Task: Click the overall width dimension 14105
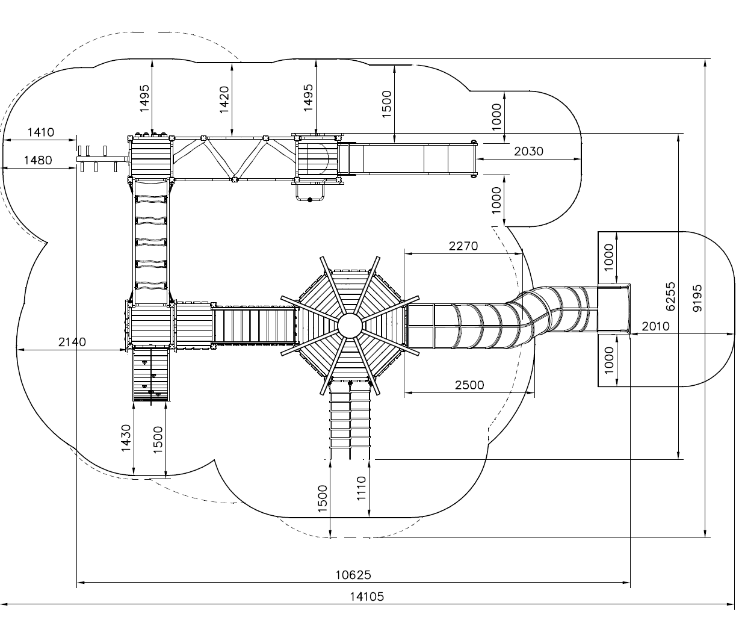(x=366, y=597)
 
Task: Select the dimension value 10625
(x=353, y=575)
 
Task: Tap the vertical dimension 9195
(x=697, y=298)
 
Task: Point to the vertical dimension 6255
(x=670, y=296)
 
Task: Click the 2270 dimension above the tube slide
(x=463, y=246)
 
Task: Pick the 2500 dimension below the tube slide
(x=469, y=385)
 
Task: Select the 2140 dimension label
(x=72, y=342)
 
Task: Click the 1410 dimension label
(x=41, y=132)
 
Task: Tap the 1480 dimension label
(x=38, y=160)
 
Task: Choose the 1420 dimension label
(x=224, y=100)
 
